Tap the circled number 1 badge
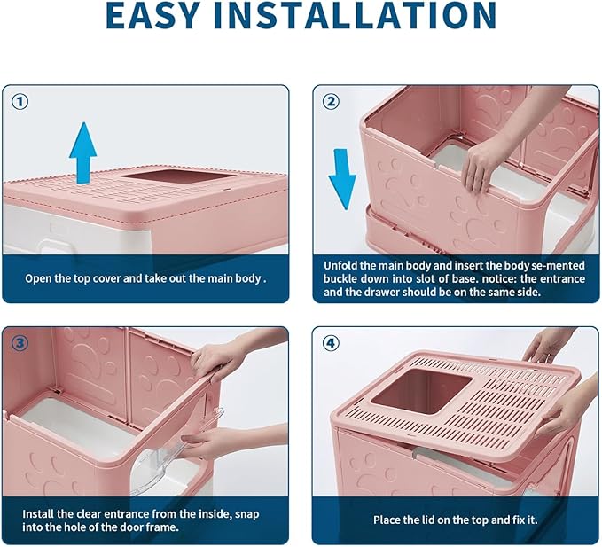click(20, 101)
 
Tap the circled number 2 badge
click(331, 101)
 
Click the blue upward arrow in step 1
click(82, 152)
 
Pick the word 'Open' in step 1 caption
click(39, 277)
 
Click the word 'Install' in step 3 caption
click(42, 513)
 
